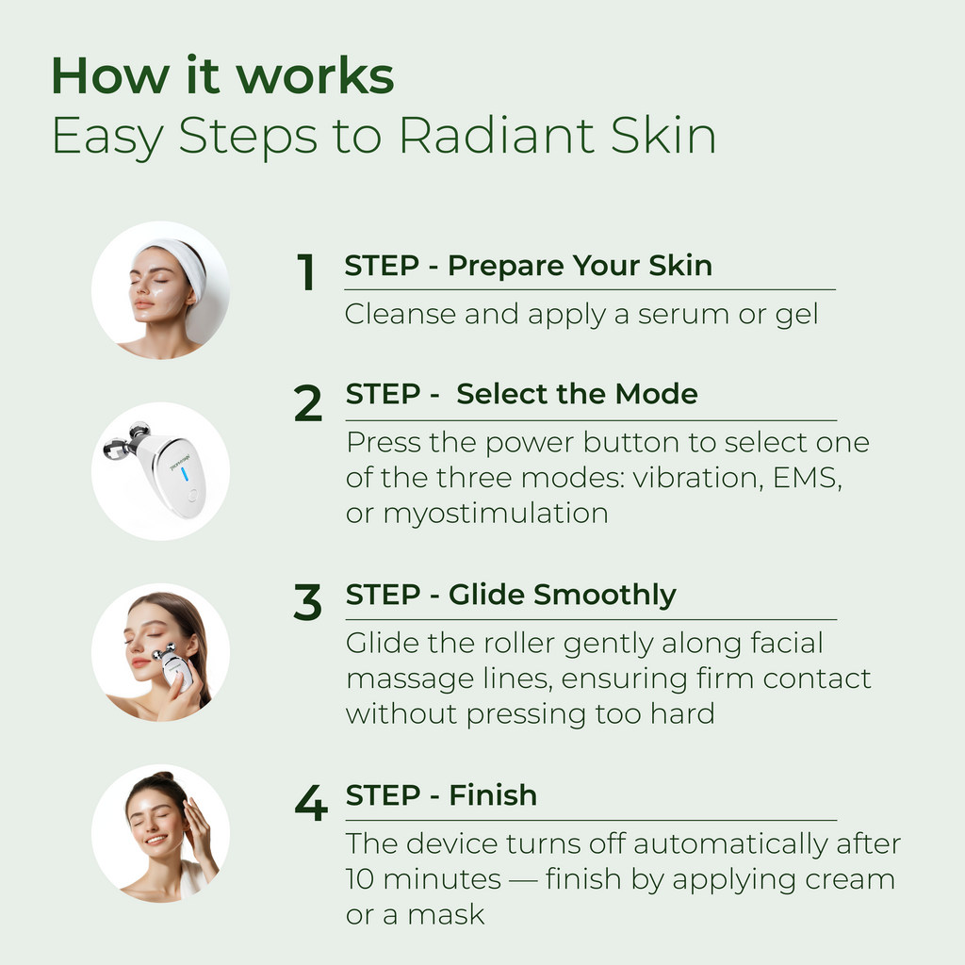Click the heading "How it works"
pos(222,75)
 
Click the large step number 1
pos(306,271)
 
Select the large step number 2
pos(308,402)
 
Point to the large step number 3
pos(308,602)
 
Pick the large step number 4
pos(311,803)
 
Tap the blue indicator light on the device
pos(184,474)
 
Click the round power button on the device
pos(192,494)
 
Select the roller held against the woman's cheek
pos(174,665)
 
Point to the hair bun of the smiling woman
pos(162,777)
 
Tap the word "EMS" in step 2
pos(806,478)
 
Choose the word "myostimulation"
pos(496,515)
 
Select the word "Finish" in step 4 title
pos(492,794)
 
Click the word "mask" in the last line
pos(446,914)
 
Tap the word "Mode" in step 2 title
pos(656,394)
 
